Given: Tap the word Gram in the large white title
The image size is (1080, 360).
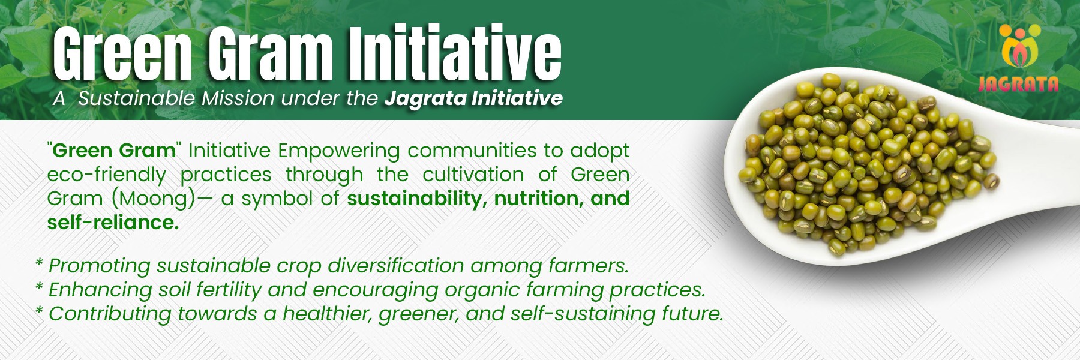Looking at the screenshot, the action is click(x=271, y=53).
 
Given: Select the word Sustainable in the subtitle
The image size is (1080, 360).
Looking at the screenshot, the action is click(x=137, y=98).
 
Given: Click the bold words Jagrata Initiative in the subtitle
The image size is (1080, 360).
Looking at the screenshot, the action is click(x=473, y=99).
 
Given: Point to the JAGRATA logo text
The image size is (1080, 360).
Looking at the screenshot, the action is click(x=1018, y=84).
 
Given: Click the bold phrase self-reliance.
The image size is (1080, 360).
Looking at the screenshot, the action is click(x=113, y=223).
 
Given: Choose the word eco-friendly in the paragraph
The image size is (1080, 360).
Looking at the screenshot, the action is click(x=107, y=175).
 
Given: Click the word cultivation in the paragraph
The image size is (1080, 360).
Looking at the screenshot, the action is click(x=473, y=175).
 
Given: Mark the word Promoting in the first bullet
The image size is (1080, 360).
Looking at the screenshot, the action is click(x=100, y=266).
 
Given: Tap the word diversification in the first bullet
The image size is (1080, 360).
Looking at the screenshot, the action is click(x=396, y=265).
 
